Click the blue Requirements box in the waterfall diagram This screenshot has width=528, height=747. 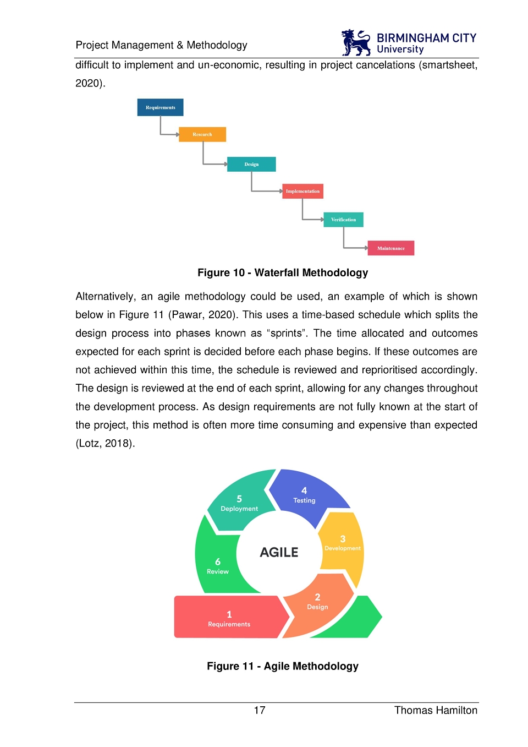160,107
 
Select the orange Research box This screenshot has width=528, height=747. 202,134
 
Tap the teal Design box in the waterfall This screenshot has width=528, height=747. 251,164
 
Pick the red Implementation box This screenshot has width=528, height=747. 302,191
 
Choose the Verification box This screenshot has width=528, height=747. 343,220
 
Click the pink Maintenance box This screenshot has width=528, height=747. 391,248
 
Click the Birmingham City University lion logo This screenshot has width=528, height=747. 356,42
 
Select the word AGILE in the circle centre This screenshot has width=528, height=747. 279,552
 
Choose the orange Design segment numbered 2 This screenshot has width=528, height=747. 317,604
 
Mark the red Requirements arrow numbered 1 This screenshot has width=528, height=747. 229,617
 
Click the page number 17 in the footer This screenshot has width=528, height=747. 260,710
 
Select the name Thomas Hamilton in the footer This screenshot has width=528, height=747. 436,710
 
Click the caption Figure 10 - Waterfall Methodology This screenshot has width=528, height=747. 283,273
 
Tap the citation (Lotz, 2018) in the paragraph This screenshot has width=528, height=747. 105,444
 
